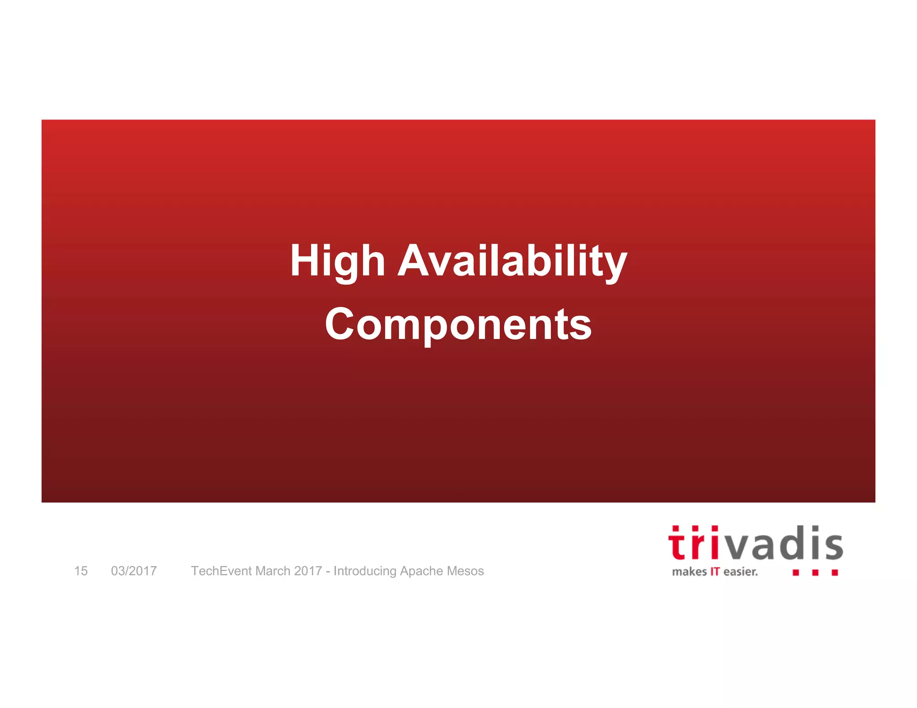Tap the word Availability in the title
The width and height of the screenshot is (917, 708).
point(512,262)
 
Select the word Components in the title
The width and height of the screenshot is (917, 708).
point(458,324)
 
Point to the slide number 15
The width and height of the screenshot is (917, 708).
point(81,571)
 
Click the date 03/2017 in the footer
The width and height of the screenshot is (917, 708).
point(134,571)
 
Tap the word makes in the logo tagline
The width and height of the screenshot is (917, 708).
point(689,572)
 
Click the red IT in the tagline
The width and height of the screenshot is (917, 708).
point(715,572)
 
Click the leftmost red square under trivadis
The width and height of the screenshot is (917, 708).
point(796,572)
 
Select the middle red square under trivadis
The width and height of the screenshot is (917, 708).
point(815,572)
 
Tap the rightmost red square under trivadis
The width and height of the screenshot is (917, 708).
point(835,572)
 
